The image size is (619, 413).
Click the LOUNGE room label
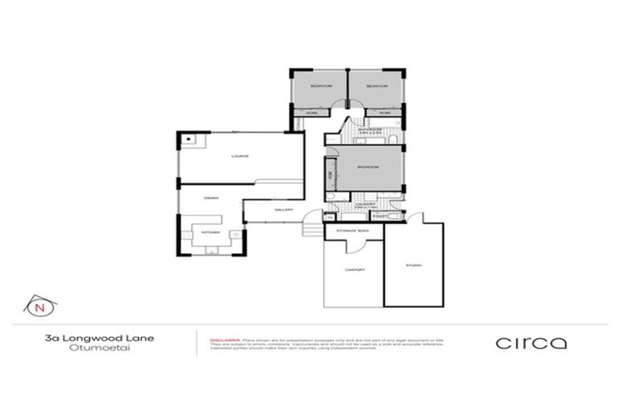(x=239, y=156)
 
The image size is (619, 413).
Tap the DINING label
(x=211, y=198)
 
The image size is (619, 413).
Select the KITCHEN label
(x=210, y=232)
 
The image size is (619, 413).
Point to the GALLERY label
(x=282, y=210)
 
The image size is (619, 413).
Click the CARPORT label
(x=355, y=269)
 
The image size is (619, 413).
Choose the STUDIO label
(x=413, y=265)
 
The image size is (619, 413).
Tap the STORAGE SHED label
(x=353, y=231)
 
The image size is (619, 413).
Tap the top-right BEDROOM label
(x=376, y=86)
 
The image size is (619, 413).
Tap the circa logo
(x=531, y=343)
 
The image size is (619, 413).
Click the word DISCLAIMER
(x=222, y=340)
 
